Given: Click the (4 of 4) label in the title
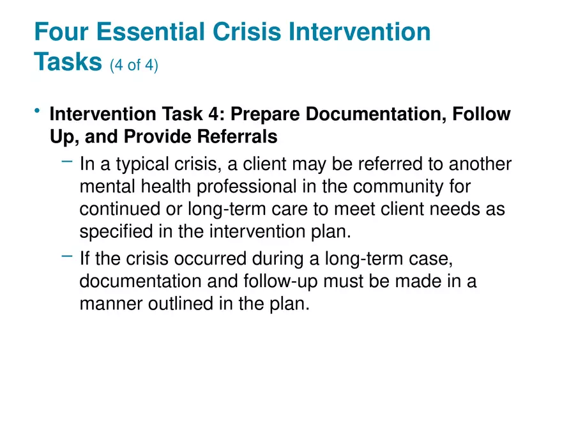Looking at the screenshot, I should tap(133, 65).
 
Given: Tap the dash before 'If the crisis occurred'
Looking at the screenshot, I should tap(67, 256).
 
